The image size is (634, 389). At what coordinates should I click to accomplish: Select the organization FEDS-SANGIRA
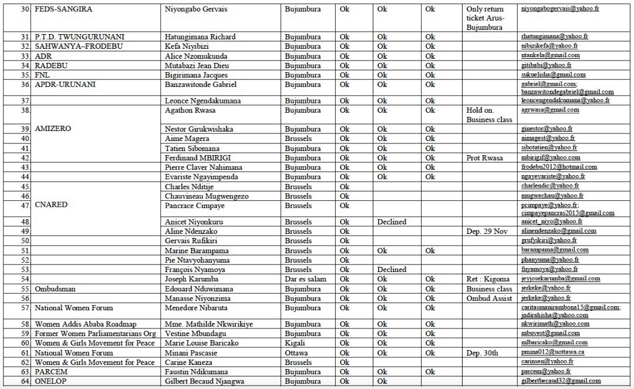pyautogui.click(x=63, y=9)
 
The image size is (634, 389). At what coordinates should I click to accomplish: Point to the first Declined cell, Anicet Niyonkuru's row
pyautogui.click(x=392, y=222)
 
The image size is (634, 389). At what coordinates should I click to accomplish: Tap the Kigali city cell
pyautogui.click(x=295, y=343)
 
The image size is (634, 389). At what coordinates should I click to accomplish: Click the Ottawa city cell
pyautogui.click(x=297, y=353)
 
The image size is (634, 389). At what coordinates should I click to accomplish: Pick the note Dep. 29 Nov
pyautogui.click(x=490, y=232)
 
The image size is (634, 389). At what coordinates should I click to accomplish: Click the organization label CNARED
pyautogui.click(x=51, y=205)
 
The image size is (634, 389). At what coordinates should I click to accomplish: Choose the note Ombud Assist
pyautogui.click(x=490, y=299)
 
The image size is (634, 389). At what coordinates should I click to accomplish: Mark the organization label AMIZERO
pyautogui.click(x=53, y=129)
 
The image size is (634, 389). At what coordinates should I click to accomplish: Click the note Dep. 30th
pyautogui.click(x=482, y=353)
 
